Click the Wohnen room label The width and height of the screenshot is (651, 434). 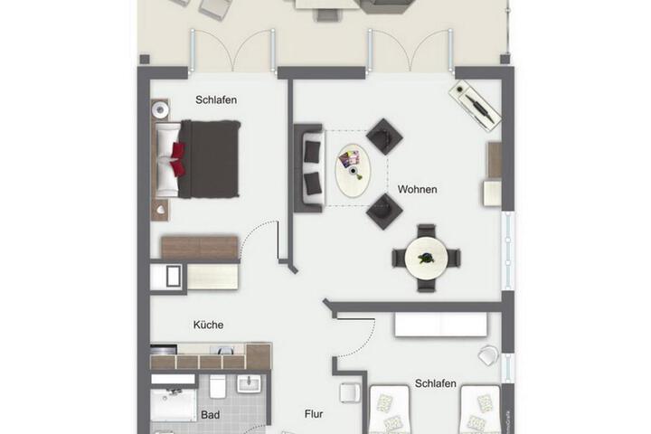click(x=417, y=189)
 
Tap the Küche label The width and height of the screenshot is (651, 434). click(x=209, y=325)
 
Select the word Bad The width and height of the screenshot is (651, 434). click(x=210, y=415)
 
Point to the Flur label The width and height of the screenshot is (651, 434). click(x=314, y=414)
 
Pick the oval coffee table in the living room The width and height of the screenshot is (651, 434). click(x=353, y=171)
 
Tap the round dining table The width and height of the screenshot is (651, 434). click(x=426, y=258)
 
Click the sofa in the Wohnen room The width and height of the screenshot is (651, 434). click(x=308, y=168)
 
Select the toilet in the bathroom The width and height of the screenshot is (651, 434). click(x=218, y=386)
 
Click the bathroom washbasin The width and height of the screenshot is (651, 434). click(x=249, y=383)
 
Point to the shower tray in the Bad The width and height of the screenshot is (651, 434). click(x=174, y=405)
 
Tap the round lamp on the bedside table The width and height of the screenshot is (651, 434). click(x=160, y=109)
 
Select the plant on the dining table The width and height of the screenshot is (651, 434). click(x=426, y=258)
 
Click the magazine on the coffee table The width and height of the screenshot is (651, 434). click(x=349, y=158)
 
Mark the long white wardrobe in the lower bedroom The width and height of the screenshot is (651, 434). click(x=441, y=325)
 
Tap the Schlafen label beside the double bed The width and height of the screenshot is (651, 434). click(x=216, y=100)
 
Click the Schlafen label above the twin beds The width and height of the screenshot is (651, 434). click(x=436, y=383)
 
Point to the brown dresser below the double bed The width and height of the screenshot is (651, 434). click(x=200, y=248)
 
